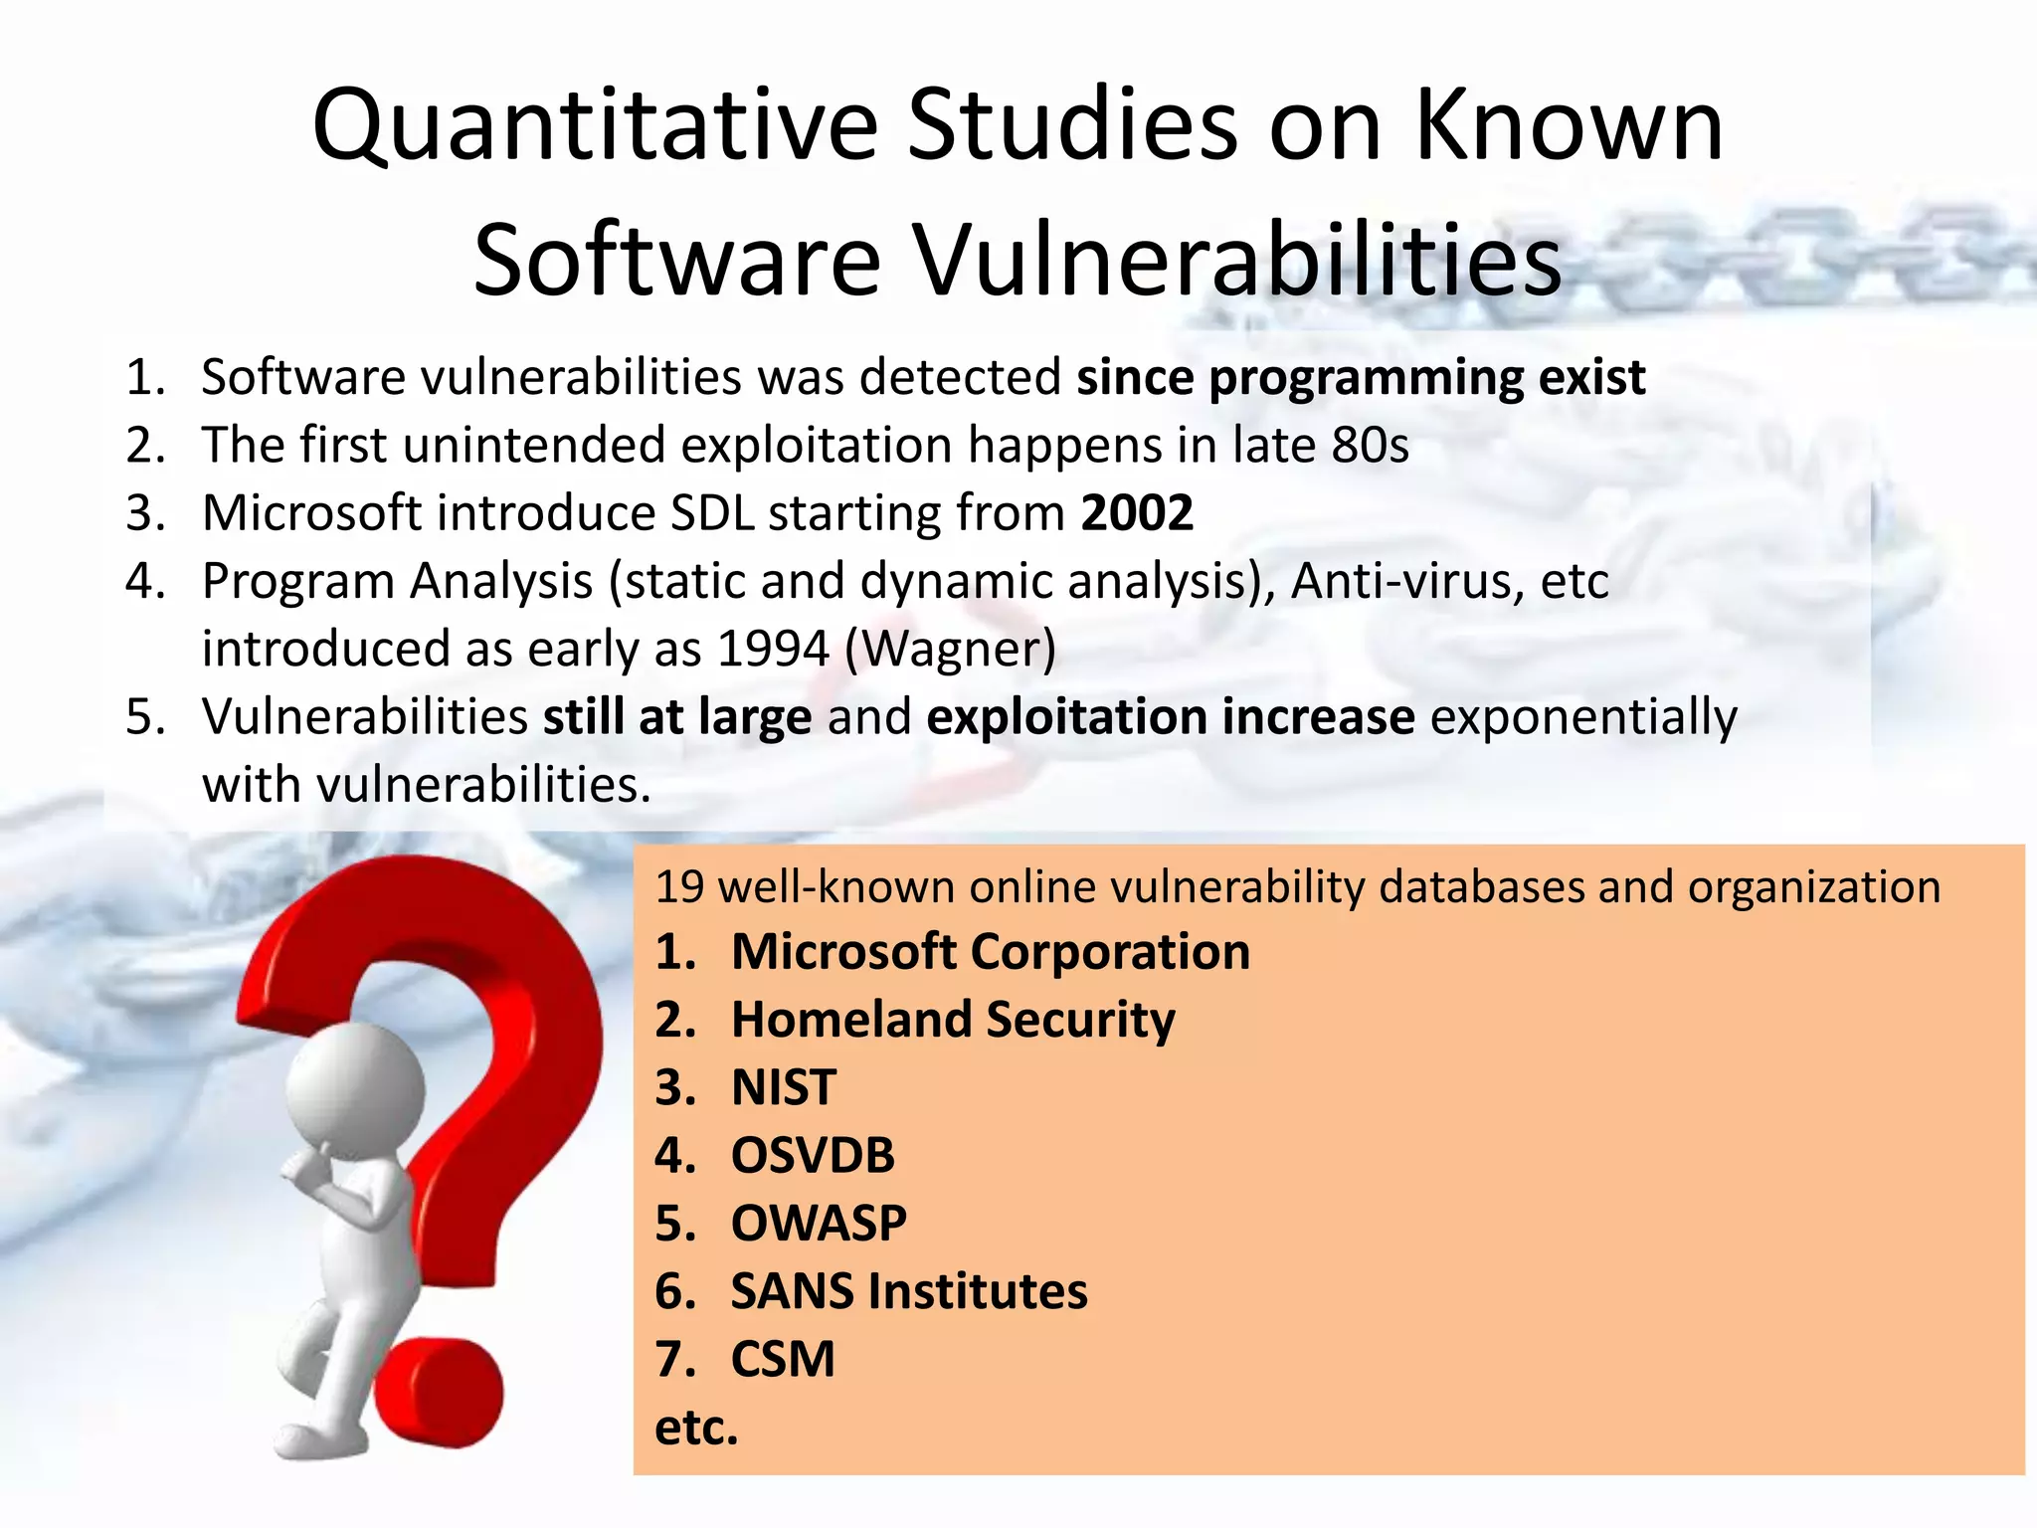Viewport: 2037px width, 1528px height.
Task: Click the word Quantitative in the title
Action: tap(594, 126)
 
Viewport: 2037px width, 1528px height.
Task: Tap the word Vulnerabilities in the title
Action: tap(1237, 261)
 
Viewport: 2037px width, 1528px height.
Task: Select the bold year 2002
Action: tap(1137, 513)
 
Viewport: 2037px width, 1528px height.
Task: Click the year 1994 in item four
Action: tap(773, 649)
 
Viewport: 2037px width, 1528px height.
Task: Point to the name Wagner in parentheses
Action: tap(950, 649)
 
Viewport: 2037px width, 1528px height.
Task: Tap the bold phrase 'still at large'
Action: tap(677, 717)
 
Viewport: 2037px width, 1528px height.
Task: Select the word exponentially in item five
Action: tap(1583, 717)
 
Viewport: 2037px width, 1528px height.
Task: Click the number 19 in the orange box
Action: tap(679, 886)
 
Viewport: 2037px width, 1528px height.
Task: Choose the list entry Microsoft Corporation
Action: tap(990, 952)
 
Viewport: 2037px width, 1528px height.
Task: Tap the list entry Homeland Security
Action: tap(953, 1020)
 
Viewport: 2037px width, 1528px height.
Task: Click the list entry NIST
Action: tap(784, 1087)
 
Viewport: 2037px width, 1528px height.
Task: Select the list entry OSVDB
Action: tap(813, 1155)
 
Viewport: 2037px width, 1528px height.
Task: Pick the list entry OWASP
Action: tap(819, 1223)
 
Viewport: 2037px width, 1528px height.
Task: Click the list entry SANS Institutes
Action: tap(909, 1291)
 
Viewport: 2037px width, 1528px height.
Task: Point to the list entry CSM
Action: tap(783, 1359)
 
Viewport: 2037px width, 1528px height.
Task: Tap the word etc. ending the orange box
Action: tap(696, 1428)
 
